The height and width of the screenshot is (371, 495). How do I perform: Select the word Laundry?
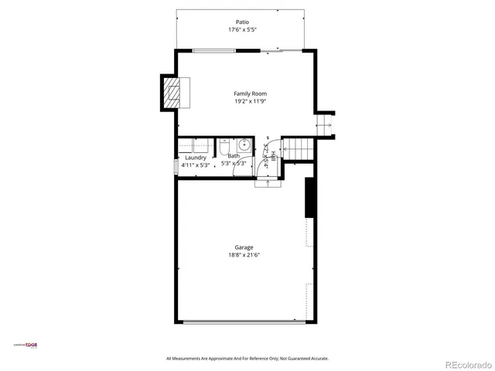195,157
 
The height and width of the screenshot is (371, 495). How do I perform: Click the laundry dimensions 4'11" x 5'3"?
195,164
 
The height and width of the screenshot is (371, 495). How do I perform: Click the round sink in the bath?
244,143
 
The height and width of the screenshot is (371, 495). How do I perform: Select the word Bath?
233,156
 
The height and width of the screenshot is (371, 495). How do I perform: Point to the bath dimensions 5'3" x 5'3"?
234,164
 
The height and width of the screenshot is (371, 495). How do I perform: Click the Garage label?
244,247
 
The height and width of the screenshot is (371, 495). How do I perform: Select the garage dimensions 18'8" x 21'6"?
244,255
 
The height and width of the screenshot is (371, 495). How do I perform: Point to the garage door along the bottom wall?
244,322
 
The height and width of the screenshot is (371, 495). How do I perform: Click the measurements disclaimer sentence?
247,359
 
